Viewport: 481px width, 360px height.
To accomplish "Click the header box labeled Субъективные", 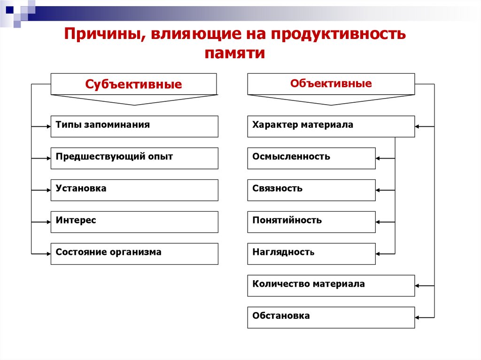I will (134, 84).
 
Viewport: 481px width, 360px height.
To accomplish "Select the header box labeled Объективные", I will (331, 84).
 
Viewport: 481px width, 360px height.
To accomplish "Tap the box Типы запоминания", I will (134, 126).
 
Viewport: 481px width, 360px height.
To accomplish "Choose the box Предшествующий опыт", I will (134, 158).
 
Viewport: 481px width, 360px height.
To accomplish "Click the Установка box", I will (134, 190).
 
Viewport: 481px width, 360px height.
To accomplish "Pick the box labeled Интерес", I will (134, 222).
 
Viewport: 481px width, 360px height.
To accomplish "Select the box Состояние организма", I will (134, 253).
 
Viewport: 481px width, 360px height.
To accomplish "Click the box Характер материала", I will (331, 126).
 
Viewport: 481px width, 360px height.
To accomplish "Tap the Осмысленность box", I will (311, 158).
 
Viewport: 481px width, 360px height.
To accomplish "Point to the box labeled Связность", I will (311, 190).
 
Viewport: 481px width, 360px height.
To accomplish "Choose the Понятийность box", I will (311, 222).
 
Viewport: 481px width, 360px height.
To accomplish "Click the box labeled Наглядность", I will (311, 253).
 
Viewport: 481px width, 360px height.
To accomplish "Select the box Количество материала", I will (331, 285).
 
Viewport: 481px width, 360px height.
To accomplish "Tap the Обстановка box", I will (331, 317).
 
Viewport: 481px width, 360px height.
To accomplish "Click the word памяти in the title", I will (235, 53).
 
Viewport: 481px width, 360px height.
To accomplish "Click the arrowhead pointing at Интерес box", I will (48, 222).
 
